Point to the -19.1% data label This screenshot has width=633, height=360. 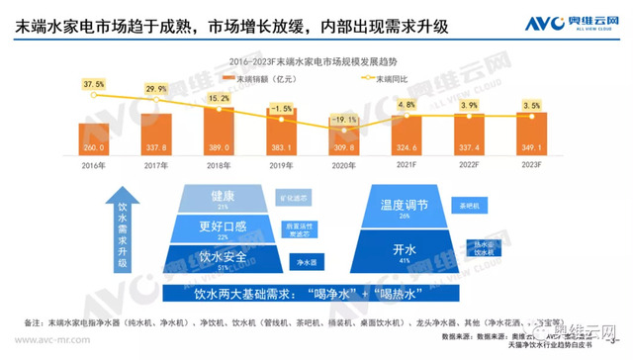click(343, 120)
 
